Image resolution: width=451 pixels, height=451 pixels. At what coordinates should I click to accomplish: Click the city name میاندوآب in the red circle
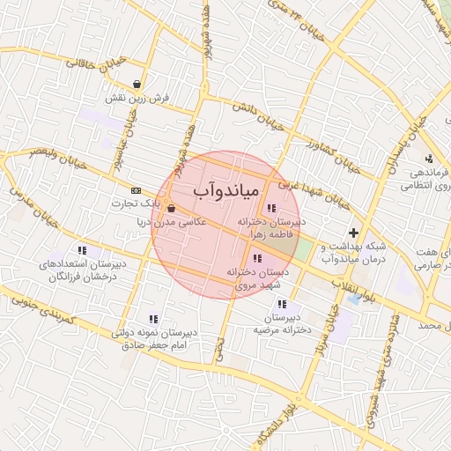point(224,189)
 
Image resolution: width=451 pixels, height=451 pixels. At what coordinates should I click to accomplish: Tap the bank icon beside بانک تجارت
point(136,190)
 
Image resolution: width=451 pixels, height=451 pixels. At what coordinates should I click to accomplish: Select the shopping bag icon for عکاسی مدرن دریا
point(169,209)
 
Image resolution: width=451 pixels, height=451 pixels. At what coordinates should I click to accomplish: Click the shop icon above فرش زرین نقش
point(137,85)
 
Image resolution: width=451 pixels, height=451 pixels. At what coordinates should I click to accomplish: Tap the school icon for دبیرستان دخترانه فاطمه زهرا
point(269,208)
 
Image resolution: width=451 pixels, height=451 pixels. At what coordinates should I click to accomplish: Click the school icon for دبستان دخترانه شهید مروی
point(256,258)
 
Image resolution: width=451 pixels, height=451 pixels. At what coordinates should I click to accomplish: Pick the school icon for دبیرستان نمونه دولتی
point(153,319)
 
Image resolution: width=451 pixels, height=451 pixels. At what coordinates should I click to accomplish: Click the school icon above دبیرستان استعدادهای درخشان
point(82,250)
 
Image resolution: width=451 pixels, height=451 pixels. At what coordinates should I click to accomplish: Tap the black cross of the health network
point(353,233)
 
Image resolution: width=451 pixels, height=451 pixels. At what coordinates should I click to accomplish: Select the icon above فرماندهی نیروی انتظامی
point(428,159)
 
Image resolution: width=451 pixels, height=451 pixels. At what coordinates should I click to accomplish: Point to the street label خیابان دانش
point(258,120)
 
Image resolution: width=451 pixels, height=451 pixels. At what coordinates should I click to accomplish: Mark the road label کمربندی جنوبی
point(40,313)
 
